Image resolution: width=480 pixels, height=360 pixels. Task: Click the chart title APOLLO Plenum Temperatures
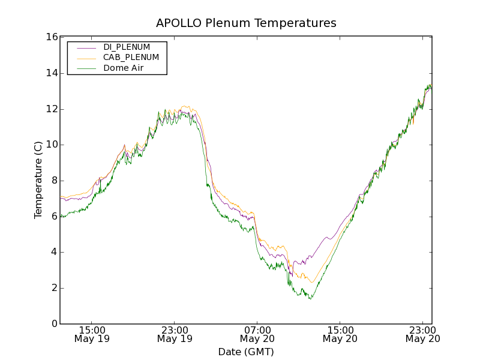pos(246,23)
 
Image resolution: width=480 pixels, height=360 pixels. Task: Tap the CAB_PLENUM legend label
pos(131,58)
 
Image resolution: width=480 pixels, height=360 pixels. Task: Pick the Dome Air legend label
pos(123,68)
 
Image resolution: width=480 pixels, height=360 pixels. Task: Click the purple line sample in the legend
pos(86,47)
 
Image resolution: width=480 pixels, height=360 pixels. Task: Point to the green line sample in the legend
pos(86,68)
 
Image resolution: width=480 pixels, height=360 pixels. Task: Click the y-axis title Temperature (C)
pos(38,180)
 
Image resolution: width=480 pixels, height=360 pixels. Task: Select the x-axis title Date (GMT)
pos(246,352)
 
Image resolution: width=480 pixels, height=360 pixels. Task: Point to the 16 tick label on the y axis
pos(51,37)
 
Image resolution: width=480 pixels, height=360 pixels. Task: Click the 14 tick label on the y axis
pos(51,73)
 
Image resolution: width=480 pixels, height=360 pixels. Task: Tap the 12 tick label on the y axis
pos(51,109)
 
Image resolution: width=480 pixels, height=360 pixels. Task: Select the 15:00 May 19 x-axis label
pos(92,334)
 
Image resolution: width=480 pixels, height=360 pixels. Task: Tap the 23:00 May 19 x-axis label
pos(175,334)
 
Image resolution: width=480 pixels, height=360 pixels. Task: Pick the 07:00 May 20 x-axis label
pos(257,334)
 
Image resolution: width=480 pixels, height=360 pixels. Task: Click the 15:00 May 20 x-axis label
pos(340,334)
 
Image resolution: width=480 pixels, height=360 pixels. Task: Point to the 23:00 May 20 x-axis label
pos(422,334)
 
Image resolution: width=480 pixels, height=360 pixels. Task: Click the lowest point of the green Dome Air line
pos(310,299)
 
